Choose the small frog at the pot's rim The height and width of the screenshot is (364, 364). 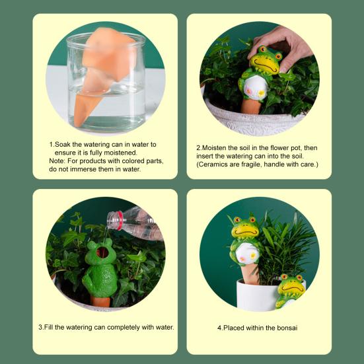coord(290,291)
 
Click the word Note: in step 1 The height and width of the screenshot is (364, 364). coord(59,161)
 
